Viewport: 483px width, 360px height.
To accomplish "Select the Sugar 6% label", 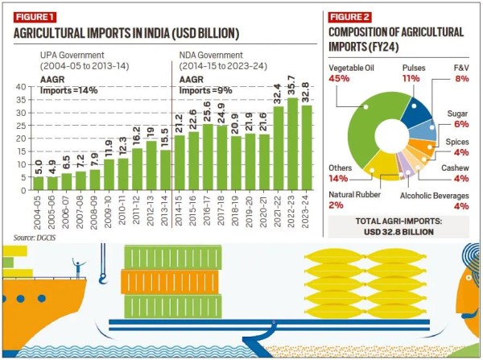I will [x=458, y=121].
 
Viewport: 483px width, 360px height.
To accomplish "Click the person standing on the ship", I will [x=77, y=267].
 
